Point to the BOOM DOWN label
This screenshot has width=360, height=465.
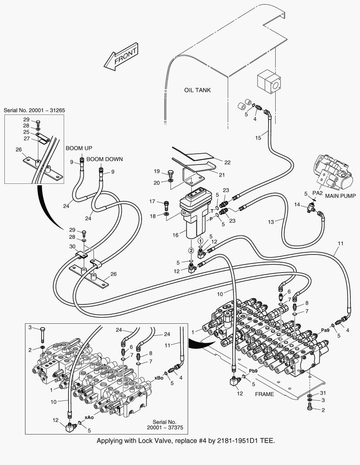(x=104, y=159)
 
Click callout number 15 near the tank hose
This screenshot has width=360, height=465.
(x=258, y=138)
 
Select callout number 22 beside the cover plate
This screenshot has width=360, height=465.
(x=227, y=162)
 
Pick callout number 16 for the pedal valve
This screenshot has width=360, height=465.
(x=175, y=235)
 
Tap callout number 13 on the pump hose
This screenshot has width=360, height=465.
(x=271, y=222)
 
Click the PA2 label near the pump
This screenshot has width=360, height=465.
(x=318, y=193)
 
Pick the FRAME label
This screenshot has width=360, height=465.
(x=264, y=394)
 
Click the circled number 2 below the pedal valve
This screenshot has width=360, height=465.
(x=191, y=250)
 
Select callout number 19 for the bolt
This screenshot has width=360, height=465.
(x=158, y=171)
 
